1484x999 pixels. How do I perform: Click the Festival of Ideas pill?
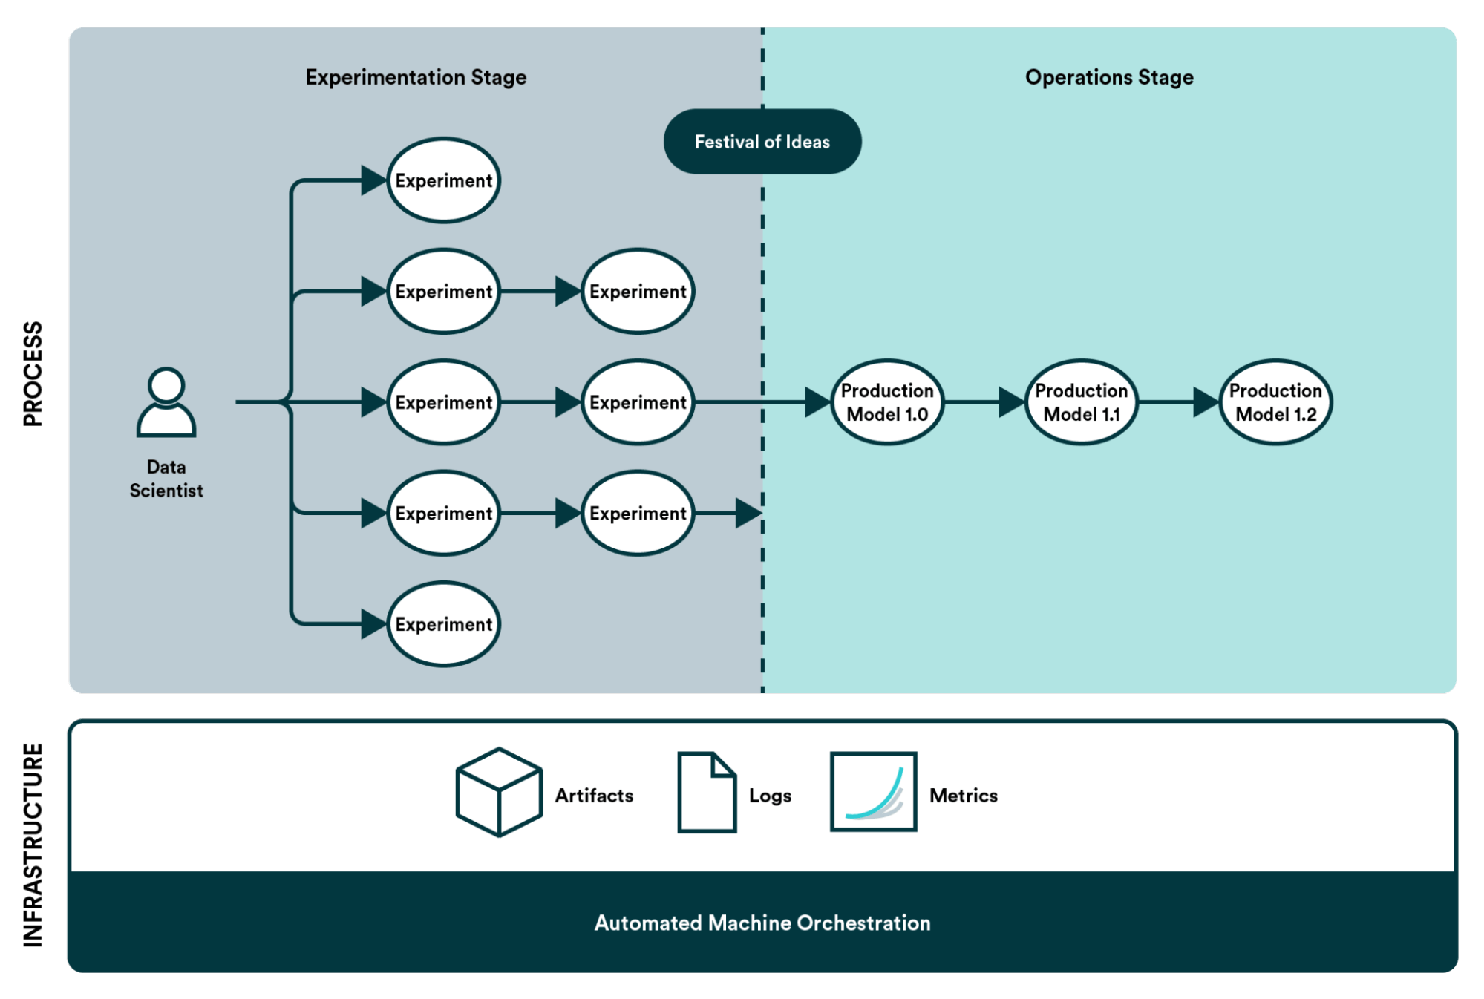click(762, 142)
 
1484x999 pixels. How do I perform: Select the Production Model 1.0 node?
click(887, 402)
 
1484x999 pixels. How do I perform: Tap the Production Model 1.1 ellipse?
click(1082, 402)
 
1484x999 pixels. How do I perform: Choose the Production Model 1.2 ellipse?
click(1275, 402)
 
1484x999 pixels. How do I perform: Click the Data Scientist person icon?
click(166, 402)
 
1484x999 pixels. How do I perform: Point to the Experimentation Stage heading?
click(416, 77)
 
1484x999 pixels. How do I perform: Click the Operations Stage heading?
click(1109, 77)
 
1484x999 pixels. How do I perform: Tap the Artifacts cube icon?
click(499, 792)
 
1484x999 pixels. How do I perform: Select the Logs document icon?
click(707, 792)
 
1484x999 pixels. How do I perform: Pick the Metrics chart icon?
click(873, 791)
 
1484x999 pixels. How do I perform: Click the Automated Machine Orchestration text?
click(762, 923)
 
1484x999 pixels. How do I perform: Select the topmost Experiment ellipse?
click(444, 180)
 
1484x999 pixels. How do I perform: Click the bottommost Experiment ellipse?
click(444, 624)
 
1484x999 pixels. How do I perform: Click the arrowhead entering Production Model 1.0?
click(817, 402)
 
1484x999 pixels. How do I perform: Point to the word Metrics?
click(964, 796)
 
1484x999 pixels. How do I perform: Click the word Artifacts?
click(594, 796)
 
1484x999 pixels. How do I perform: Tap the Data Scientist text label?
click(166, 479)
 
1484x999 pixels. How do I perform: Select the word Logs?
click(770, 796)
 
